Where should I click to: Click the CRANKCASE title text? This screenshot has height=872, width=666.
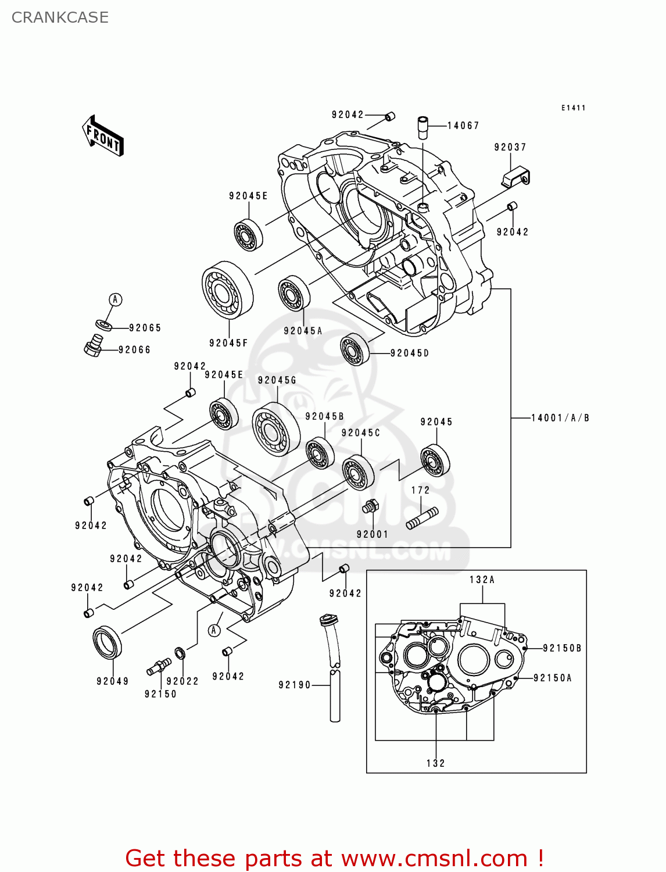[60, 17]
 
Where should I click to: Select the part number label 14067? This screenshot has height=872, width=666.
[463, 126]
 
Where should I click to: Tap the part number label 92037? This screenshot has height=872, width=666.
[510, 147]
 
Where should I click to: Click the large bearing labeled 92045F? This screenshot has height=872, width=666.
[227, 290]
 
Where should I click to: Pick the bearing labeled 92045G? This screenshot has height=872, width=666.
[275, 429]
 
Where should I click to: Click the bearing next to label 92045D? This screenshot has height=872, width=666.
[355, 349]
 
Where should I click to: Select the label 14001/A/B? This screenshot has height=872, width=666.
[560, 417]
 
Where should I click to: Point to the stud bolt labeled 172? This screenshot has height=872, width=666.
[422, 517]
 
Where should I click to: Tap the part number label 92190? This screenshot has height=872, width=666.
[295, 685]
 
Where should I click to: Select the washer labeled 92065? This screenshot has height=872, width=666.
[104, 324]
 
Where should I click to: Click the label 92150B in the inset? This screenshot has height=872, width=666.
[562, 648]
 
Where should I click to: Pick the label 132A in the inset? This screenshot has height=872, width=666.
[482, 580]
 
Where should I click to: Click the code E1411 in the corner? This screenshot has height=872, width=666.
[573, 108]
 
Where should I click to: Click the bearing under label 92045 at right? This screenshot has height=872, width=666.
[435, 460]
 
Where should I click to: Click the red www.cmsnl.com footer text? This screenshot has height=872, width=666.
[334, 858]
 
